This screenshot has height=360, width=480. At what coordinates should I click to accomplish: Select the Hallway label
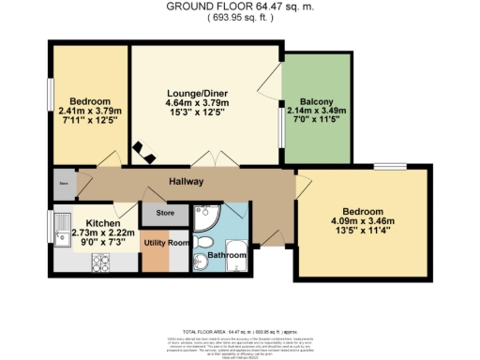187,181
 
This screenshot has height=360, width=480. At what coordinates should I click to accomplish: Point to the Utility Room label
165,241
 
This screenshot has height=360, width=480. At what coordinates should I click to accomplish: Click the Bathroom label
226,255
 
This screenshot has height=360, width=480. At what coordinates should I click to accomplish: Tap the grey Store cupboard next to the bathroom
165,213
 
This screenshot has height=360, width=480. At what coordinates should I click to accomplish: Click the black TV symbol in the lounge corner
141,149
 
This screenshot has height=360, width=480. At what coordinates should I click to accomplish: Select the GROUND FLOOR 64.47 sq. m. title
240,6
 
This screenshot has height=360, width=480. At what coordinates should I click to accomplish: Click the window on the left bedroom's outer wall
51,101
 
